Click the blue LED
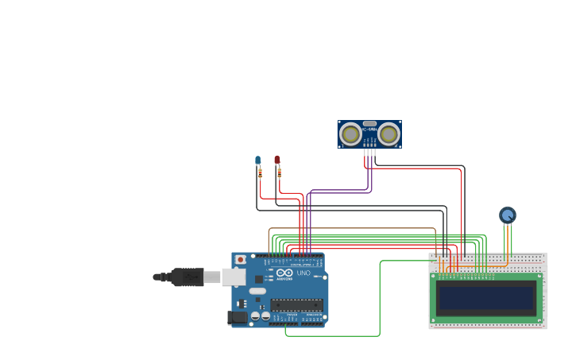point(257,161)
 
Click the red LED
point(277,160)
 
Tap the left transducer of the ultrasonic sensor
point(350,134)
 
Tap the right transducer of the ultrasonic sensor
point(389,134)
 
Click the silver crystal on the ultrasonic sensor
point(369,124)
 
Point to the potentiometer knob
point(508,215)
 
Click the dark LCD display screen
point(486,298)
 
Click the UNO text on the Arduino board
point(303,273)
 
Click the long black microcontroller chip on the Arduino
point(296,304)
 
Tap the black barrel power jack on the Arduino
point(237,318)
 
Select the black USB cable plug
point(187,277)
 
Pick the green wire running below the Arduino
point(334,335)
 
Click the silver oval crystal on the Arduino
point(257,291)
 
